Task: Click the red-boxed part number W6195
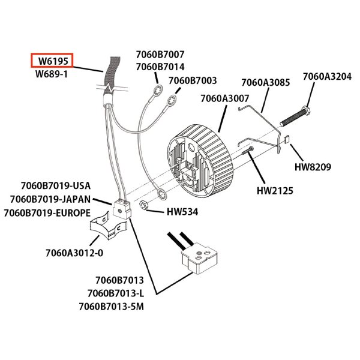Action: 52,61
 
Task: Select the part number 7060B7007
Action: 160,55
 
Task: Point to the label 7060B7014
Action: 160,67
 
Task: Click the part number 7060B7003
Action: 193,80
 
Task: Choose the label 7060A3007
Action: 224,98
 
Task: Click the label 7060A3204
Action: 326,76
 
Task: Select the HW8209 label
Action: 313,167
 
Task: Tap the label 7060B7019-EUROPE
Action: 47,213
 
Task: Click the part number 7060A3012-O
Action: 74,252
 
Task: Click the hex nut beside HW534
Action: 145,206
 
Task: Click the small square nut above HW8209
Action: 286,141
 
